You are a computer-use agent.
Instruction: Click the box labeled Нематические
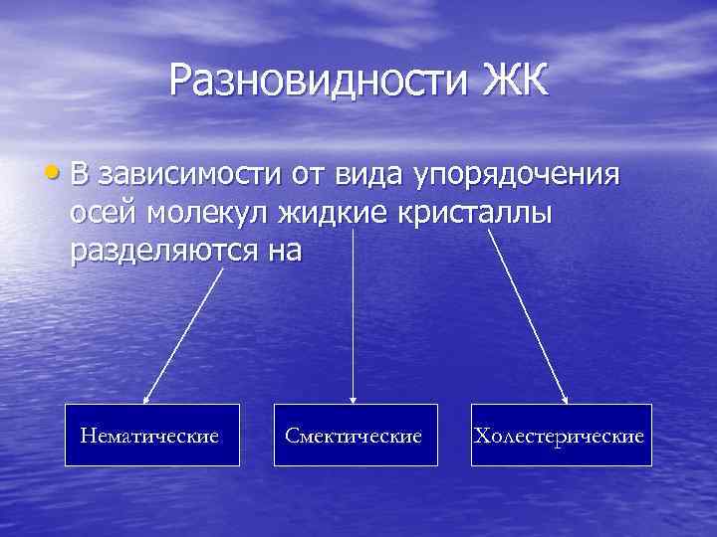click(x=152, y=436)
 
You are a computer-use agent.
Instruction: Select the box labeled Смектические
click(x=355, y=436)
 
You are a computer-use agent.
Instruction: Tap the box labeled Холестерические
click(x=561, y=436)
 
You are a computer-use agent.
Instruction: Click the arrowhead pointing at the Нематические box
click(x=147, y=398)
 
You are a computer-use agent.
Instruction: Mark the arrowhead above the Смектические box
click(x=354, y=399)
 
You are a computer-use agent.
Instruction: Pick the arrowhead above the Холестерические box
click(x=564, y=399)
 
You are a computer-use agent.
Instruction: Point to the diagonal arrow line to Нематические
click(x=185, y=333)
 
